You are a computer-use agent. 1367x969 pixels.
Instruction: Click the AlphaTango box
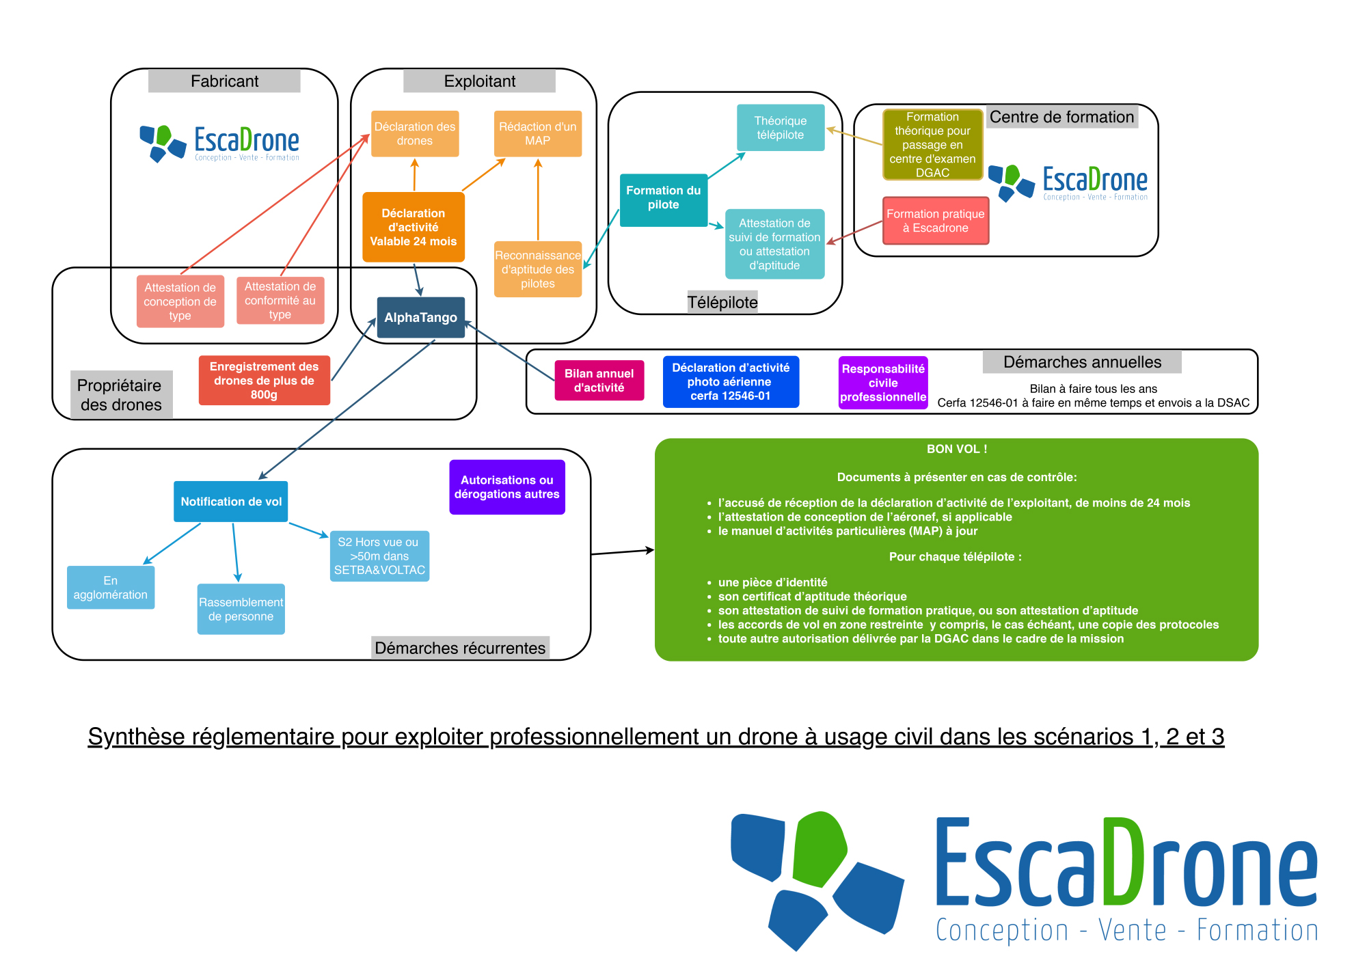420,317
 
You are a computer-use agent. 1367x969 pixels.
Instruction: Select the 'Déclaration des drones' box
415,133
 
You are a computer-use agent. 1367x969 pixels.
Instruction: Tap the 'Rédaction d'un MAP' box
538,133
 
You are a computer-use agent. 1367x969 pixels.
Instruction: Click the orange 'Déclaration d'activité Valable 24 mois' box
414,227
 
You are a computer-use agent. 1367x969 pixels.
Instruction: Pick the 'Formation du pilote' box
664,200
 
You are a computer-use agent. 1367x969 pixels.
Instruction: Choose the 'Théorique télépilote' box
781,128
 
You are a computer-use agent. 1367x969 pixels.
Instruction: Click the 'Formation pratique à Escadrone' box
936,221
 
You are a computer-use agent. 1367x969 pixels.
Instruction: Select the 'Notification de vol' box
231,502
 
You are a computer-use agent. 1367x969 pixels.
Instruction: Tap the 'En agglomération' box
111,587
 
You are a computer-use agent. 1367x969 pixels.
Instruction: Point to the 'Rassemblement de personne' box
241,609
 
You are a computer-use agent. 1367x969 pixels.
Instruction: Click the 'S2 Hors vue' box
379,556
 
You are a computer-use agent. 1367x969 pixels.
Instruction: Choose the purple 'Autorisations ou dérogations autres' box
507,487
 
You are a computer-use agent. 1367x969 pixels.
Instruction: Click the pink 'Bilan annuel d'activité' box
599,381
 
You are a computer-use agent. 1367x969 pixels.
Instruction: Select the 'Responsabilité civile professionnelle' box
883,383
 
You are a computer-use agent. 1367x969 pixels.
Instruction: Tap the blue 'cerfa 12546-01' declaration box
731,381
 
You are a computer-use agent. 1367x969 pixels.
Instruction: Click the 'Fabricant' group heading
224,81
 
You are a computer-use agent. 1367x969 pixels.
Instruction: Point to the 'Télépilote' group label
722,302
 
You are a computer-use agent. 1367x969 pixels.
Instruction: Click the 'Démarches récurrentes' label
461,648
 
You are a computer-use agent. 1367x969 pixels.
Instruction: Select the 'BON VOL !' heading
957,449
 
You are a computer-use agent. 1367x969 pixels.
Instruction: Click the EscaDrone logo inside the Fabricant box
219,144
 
